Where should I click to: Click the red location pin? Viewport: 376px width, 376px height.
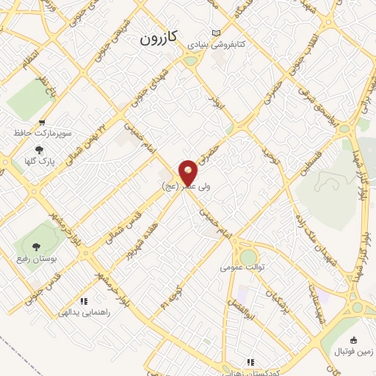click(x=189, y=172)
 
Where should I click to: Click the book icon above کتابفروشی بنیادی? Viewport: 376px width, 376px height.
click(x=215, y=33)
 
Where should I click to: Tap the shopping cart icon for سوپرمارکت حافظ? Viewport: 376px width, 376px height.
click(x=42, y=123)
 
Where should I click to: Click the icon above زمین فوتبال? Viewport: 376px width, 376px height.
click(x=354, y=340)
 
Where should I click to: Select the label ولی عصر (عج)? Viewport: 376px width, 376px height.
click(x=185, y=187)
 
